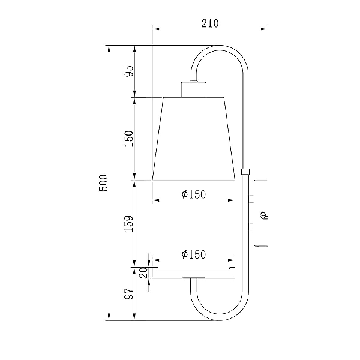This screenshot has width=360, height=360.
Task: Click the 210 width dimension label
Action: pyautogui.click(x=210, y=23)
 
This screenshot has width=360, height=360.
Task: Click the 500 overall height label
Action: pyautogui.click(x=103, y=183)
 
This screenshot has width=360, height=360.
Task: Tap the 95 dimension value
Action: pyautogui.click(x=129, y=71)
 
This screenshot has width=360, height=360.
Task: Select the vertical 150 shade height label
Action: pyautogui.click(x=129, y=139)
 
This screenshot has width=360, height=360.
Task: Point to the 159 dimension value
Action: pyautogui.click(x=129, y=224)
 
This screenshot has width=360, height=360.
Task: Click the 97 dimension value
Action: pyautogui.click(x=129, y=293)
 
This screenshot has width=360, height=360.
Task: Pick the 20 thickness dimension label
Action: pyautogui.click(x=143, y=272)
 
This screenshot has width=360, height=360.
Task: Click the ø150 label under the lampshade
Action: pyautogui.click(x=194, y=194)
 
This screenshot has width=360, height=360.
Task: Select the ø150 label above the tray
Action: pyautogui.click(x=194, y=254)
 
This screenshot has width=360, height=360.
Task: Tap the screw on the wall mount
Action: pyautogui.click(x=263, y=215)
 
